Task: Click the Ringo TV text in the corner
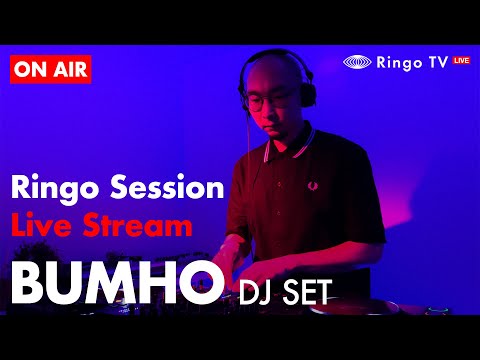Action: tap(411, 62)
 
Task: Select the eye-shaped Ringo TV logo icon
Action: tap(358, 62)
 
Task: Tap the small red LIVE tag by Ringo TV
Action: tap(461, 61)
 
